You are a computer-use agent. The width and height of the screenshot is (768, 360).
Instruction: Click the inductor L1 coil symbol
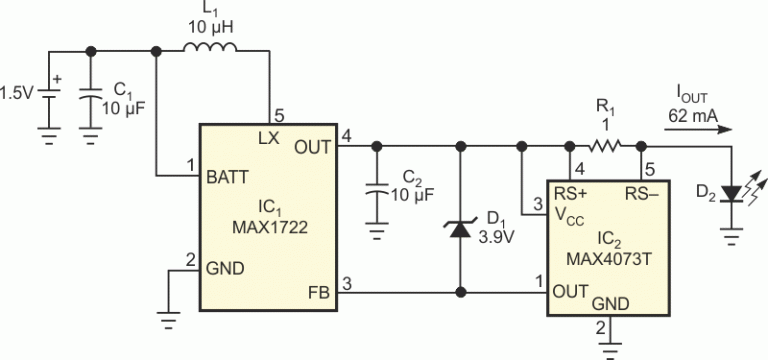211,50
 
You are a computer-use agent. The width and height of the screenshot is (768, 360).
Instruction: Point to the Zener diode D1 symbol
459,229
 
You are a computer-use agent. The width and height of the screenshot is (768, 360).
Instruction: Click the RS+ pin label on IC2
572,191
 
